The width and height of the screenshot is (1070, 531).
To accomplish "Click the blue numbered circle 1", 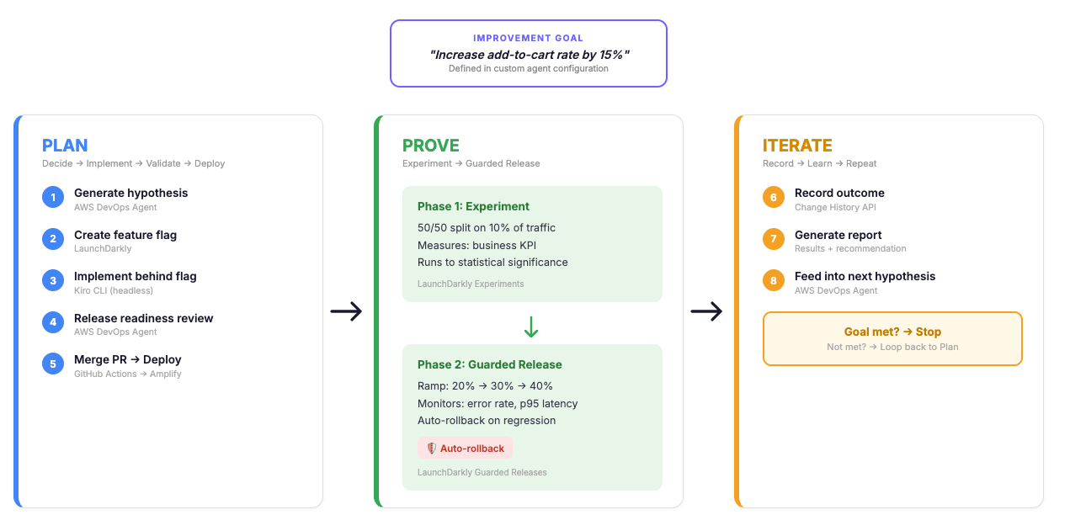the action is [53, 197].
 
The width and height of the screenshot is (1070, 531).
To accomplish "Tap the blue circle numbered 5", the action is [53, 364].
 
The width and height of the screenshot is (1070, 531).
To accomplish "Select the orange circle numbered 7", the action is [774, 239].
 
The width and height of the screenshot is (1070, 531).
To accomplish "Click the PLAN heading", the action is [65, 146].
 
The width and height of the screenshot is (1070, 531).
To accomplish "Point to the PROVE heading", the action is [430, 146].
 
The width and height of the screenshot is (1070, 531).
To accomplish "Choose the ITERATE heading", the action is [797, 146].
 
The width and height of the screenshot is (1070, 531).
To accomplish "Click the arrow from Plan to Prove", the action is [346, 311].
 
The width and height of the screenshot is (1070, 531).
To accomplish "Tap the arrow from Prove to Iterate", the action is [706, 311].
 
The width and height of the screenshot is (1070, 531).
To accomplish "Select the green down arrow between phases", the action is [531, 327].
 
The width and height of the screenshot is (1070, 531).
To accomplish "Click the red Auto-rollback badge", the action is [465, 448].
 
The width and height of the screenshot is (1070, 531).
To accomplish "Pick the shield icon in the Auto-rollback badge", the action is [431, 448].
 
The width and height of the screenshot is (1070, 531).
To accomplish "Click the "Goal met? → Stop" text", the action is [892, 332].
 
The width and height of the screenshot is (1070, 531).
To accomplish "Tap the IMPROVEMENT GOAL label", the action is [529, 38].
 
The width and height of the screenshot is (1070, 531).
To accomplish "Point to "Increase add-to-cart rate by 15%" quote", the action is [530, 55].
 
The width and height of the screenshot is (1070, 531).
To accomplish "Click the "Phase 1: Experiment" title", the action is [473, 206].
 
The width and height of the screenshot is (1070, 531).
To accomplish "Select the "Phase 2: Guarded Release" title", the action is [490, 364].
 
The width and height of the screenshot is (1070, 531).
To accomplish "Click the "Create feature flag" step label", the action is [125, 235].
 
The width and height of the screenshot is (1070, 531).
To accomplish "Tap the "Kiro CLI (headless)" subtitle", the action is [113, 290].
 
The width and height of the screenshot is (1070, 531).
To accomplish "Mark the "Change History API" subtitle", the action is [835, 207].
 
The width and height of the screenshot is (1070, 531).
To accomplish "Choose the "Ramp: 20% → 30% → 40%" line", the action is [485, 385].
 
